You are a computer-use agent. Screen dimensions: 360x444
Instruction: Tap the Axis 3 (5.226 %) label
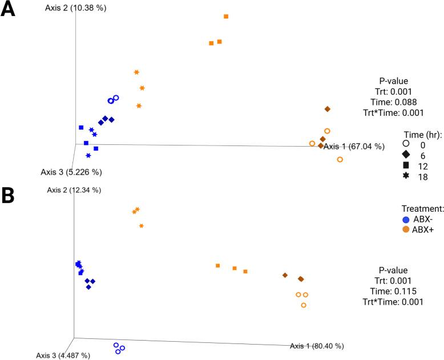[x=71, y=171]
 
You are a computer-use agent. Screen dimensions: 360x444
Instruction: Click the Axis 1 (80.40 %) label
[x=317, y=346]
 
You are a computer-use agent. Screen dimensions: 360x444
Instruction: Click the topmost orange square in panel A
[x=226, y=17]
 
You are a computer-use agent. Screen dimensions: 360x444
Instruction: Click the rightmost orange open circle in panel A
[x=340, y=160]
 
